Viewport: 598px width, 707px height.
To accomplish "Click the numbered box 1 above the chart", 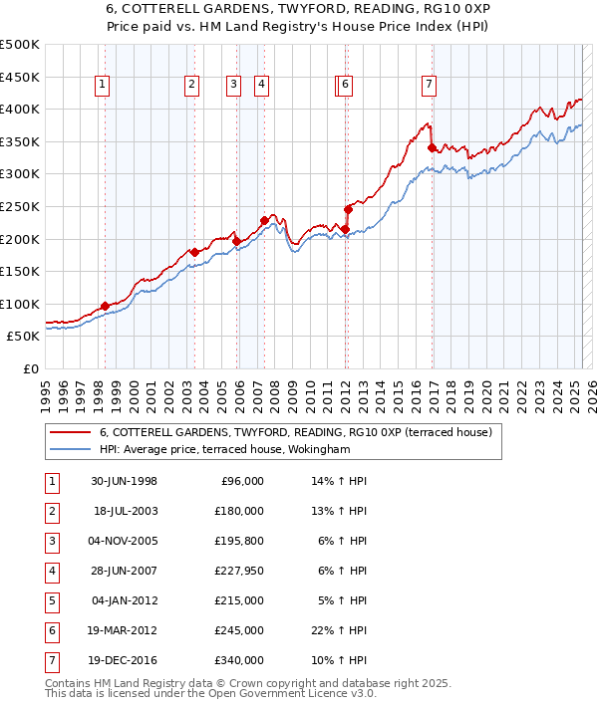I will click(103, 86).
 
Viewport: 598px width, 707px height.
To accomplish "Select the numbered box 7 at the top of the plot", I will click(428, 86).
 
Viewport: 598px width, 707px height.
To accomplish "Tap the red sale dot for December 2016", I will click(432, 148).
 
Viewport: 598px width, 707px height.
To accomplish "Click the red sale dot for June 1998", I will click(105, 307).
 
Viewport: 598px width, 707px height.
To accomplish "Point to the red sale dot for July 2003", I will click(194, 252).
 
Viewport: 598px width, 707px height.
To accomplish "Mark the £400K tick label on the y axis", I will click(20, 109).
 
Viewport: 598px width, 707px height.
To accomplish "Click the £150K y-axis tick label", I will click(20, 271).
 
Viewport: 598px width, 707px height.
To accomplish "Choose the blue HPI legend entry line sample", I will click(70, 449).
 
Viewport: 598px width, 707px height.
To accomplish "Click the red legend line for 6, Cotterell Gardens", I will click(70, 432).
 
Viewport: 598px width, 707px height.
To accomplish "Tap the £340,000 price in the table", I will click(239, 660).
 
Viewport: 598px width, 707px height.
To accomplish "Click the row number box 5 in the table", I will click(51, 600).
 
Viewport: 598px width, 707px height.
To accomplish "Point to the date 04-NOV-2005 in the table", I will click(124, 541).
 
